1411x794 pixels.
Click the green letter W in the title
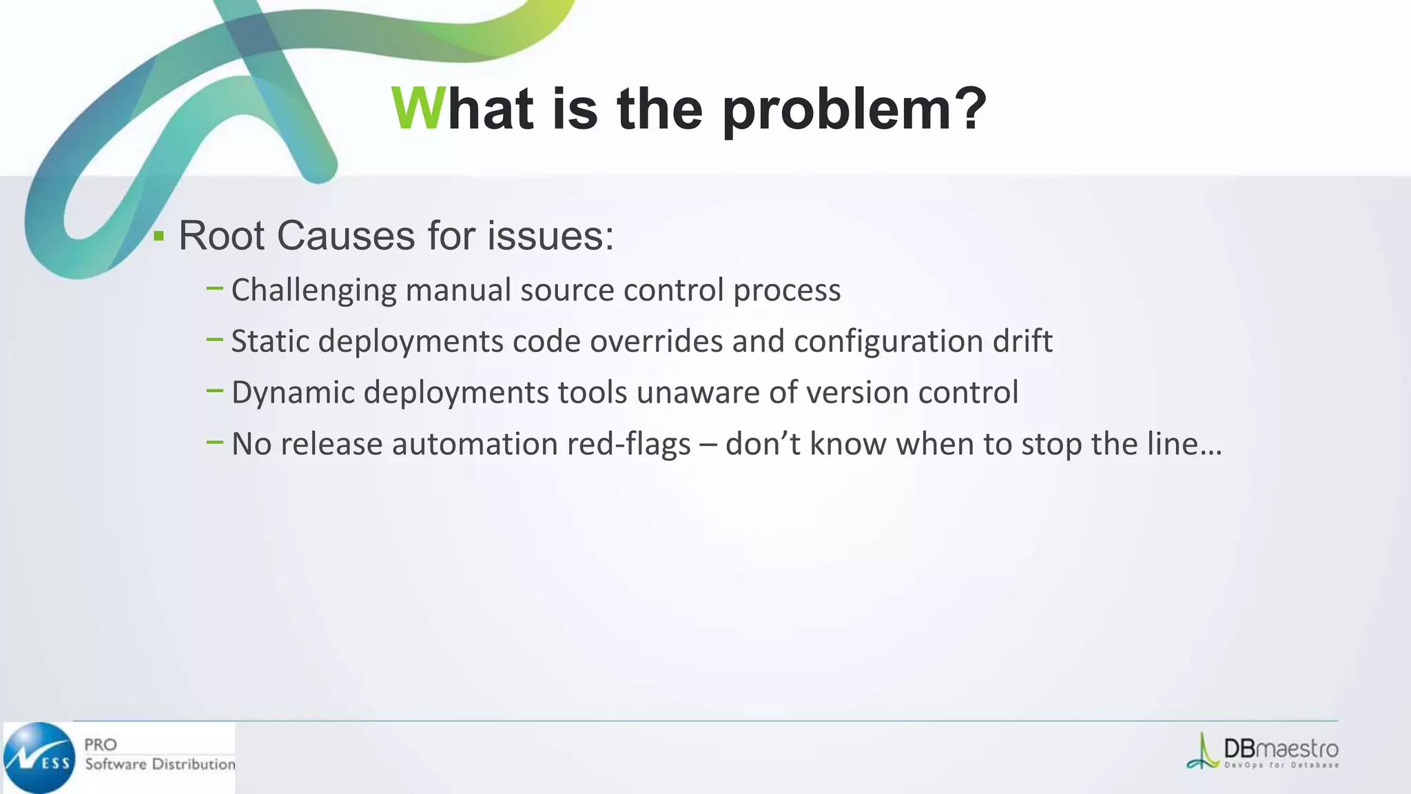(x=418, y=109)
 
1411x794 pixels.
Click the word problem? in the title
(x=854, y=110)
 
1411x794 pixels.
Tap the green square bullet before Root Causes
(x=159, y=236)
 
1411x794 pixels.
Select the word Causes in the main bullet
(x=347, y=236)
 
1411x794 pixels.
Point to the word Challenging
(x=313, y=290)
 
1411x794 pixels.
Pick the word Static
(x=270, y=341)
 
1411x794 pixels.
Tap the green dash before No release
(x=214, y=442)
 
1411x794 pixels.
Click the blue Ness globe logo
(x=39, y=757)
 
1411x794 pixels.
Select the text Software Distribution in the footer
(x=160, y=764)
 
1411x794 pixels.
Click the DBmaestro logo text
(x=1280, y=749)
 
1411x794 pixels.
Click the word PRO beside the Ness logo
(x=101, y=744)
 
